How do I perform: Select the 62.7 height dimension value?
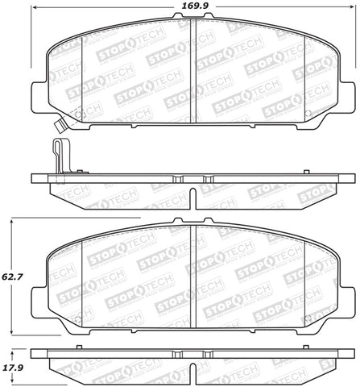pos(14,276)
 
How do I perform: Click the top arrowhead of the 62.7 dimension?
pos(13,219)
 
